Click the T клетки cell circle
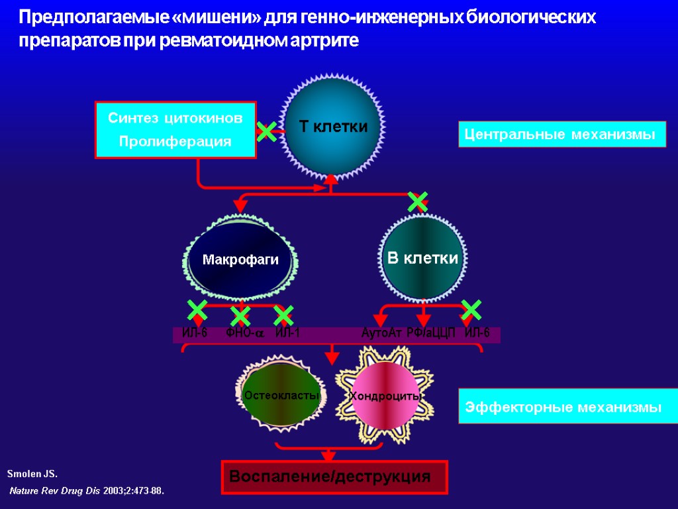coord(333,127)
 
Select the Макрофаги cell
coord(240,259)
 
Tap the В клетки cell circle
coord(422,258)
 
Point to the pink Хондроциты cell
coord(385,396)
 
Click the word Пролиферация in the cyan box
coord(175,141)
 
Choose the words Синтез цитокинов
coord(175,119)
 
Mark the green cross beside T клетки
coord(267,132)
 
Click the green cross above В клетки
coord(418,201)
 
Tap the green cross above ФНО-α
coord(240,315)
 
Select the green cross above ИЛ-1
coord(283,315)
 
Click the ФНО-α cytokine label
coord(244,333)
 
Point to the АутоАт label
coord(381,333)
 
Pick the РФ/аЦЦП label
coord(430,333)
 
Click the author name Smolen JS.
coord(32,475)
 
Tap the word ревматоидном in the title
coord(230,40)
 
